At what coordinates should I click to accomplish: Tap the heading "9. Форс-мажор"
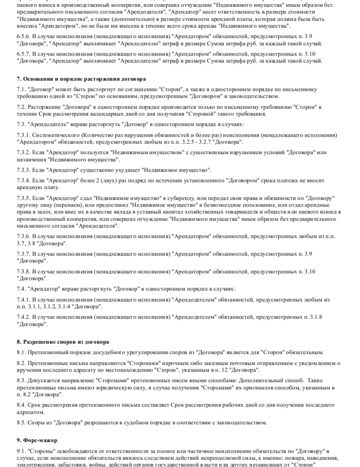pyautogui.click(x=37, y=440)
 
